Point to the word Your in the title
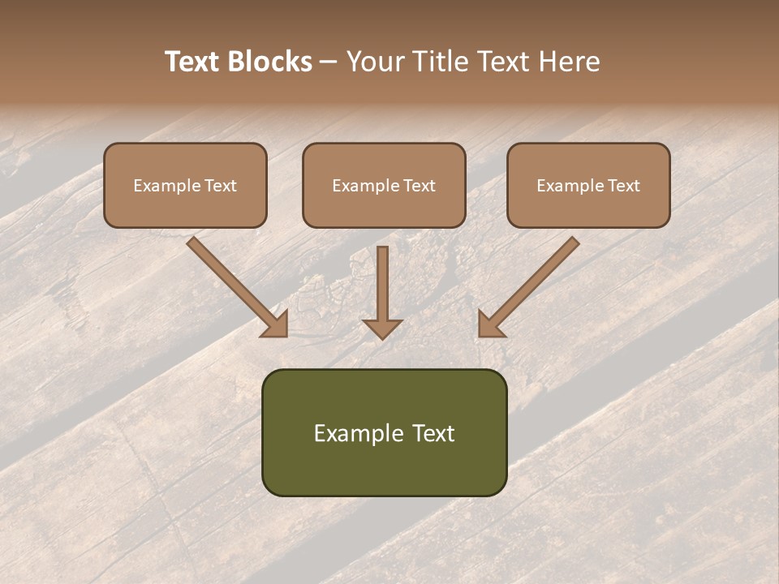coord(374,62)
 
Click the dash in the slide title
coord(329,62)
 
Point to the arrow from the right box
coord(532,283)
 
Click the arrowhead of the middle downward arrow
coord(382,327)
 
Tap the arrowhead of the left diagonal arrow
coord(276,324)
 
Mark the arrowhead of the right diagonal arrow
coord(489,324)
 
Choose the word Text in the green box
coord(433,433)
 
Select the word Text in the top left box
coord(220,186)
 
